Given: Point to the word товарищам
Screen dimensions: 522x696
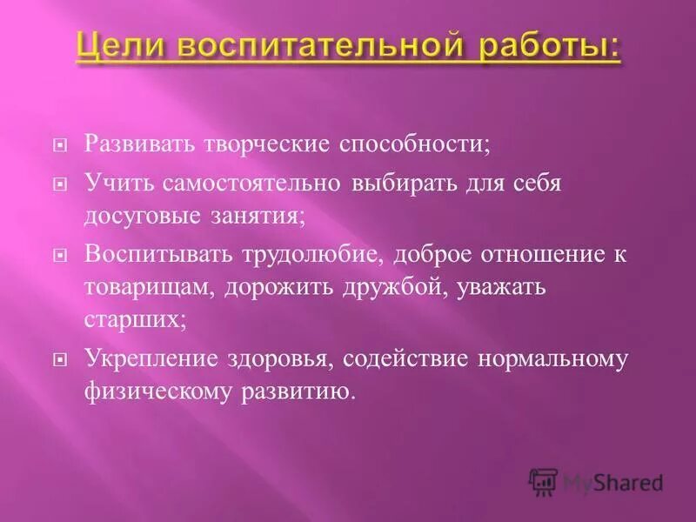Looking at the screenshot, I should tap(147, 288).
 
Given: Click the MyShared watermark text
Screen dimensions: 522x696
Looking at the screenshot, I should tap(612, 481).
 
